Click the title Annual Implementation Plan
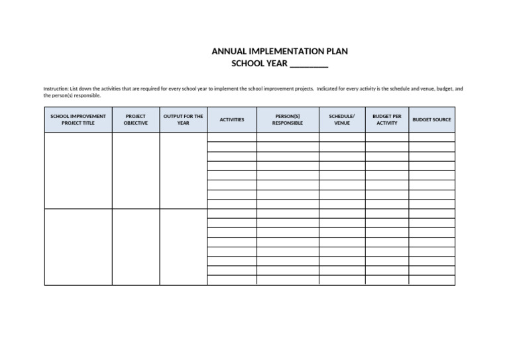pyautogui.click(x=279, y=51)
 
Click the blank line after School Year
pyautogui.click(x=309, y=64)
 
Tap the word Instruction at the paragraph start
pyautogui.click(x=55, y=88)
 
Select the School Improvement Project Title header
pyautogui.click(x=78, y=119)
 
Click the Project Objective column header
pyautogui.click(x=135, y=119)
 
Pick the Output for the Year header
pyautogui.click(x=183, y=119)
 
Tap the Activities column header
pyautogui.click(x=231, y=119)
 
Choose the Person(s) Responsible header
pyautogui.click(x=287, y=119)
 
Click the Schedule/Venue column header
pyautogui.click(x=341, y=119)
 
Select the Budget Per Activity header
pyautogui.click(x=386, y=119)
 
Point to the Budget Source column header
pyautogui.click(x=431, y=119)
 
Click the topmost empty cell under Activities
pyautogui.click(x=231, y=137)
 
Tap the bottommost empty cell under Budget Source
pyautogui.click(x=431, y=280)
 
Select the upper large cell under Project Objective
pyautogui.click(x=135, y=170)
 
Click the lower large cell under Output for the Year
pyautogui.click(x=183, y=247)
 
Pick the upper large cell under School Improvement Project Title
pyautogui.click(x=78, y=170)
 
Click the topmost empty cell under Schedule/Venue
pyautogui.click(x=341, y=137)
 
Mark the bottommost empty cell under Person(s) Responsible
pyautogui.click(x=287, y=280)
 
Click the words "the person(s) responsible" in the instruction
pyautogui.click(x=72, y=95)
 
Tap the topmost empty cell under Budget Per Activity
pyautogui.click(x=386, y=137)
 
